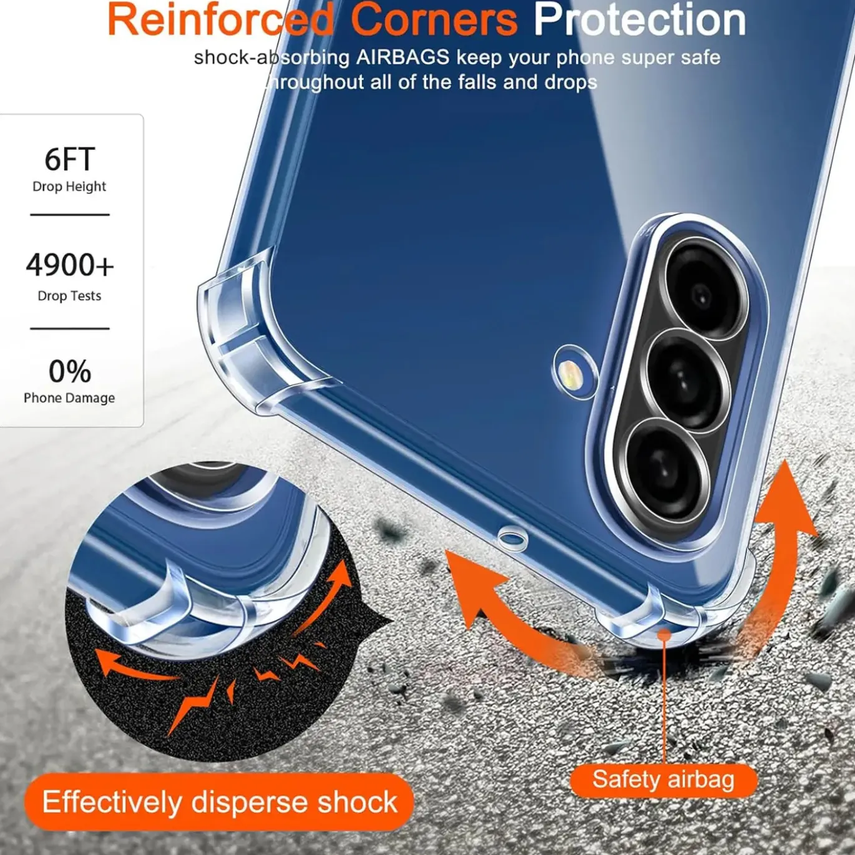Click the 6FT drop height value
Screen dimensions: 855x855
coord(70,159)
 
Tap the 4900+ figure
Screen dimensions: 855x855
coord(70,265)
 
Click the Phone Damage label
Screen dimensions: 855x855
coord(69,398)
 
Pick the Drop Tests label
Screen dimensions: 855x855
coord(69,295)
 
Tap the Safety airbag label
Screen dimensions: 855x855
coord(663,780)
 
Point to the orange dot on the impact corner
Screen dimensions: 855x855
coord(664,635)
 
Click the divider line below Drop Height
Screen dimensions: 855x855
coord(70,215)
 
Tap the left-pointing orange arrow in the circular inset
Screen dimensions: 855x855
coord(137,667)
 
